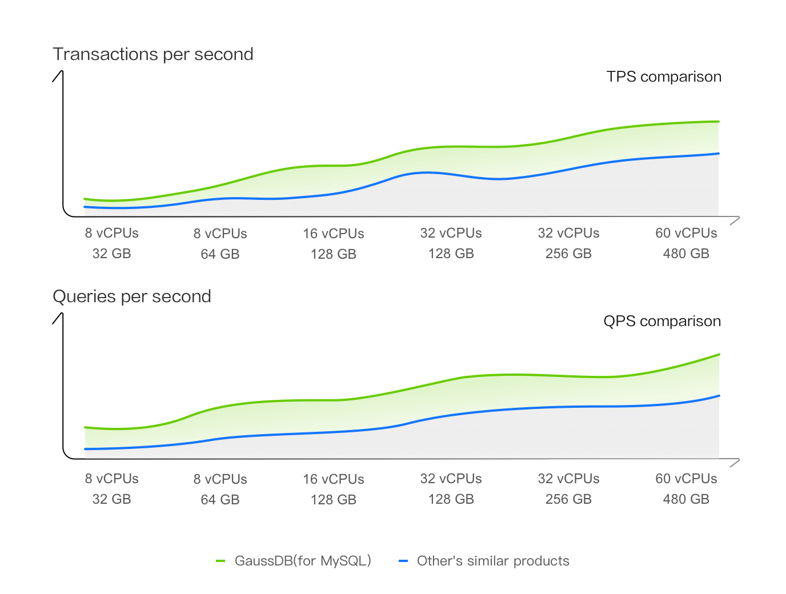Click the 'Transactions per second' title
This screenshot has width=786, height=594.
pyautogui.click(x=153, y=54)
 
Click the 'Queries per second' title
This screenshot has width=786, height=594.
pyautogui.click(x=132, y=296)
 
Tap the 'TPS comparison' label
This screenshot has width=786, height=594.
pyautogui.click(x=664, y=77)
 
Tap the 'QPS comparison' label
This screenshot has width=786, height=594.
pyautogui.click(x=662, y=321)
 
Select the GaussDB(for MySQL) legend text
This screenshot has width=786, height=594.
pyautogui.click(x=303, y=561)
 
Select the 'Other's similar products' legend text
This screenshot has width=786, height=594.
pyautogui.click(x=493, y=561)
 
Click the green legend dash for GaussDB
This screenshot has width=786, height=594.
pyautogui.click(x=220, y=561)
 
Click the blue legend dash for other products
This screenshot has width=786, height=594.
pyautogui.click(x=403, y=561)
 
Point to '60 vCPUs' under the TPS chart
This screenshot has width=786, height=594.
pyautogui.click(x=686, y=233)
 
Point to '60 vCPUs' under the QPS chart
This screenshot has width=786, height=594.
pyautogui.click(x=686, y=479)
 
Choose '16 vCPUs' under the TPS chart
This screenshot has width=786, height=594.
pyautogui.click(x=333, y=234)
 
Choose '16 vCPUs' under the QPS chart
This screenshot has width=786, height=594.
pyautogui.click(x=333, y=479)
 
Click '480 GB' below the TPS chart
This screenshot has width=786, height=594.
pyautogui.click(x=686, y=254)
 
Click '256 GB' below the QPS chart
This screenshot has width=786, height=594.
pyautogui.click(x=568, y=499)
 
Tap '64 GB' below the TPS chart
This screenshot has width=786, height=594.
pyautogui.click(x=220, y=254)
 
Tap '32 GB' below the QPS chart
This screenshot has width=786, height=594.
pyautogui.click(x=111, y=499)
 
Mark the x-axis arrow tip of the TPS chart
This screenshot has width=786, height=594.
pyautogui.click(x=739, y=217)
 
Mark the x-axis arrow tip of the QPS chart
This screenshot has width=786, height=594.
pyautogui.click(x=739, y=459)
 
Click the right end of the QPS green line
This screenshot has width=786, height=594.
pyautogui.click(x=719, y=354)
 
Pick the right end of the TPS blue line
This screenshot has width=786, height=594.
pyautogui.click(x=719, y=153)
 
